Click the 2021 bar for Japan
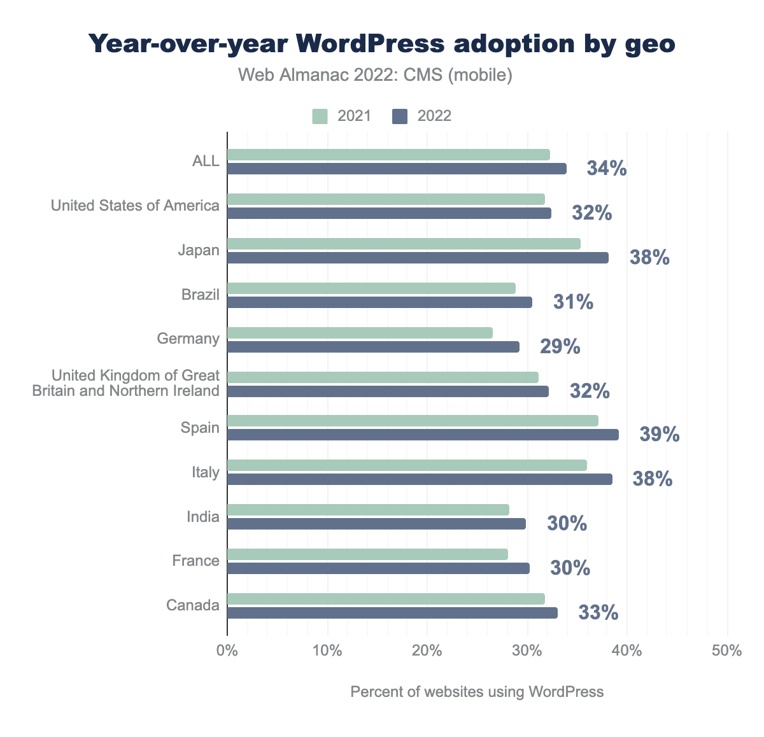coord(404,244)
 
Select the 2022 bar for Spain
coord(423,435)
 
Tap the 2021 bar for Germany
coord(360,333)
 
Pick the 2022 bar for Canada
coord(392,613)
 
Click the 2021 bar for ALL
coord(388,155)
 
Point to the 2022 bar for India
coord(376,524)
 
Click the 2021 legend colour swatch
coord(320,116)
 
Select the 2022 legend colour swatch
coord(400,116)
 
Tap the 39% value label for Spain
coord(660,435)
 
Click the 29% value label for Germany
coord(560,347)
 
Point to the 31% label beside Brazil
coord(573,302)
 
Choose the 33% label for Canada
coord(598,613)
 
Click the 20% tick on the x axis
coord(427,651)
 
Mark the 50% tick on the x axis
coord(727,651)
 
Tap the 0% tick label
coord(227,651)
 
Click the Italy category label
coord(205,472)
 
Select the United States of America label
coord(135,206)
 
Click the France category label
coord(195,561)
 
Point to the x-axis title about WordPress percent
coord(477,692)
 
